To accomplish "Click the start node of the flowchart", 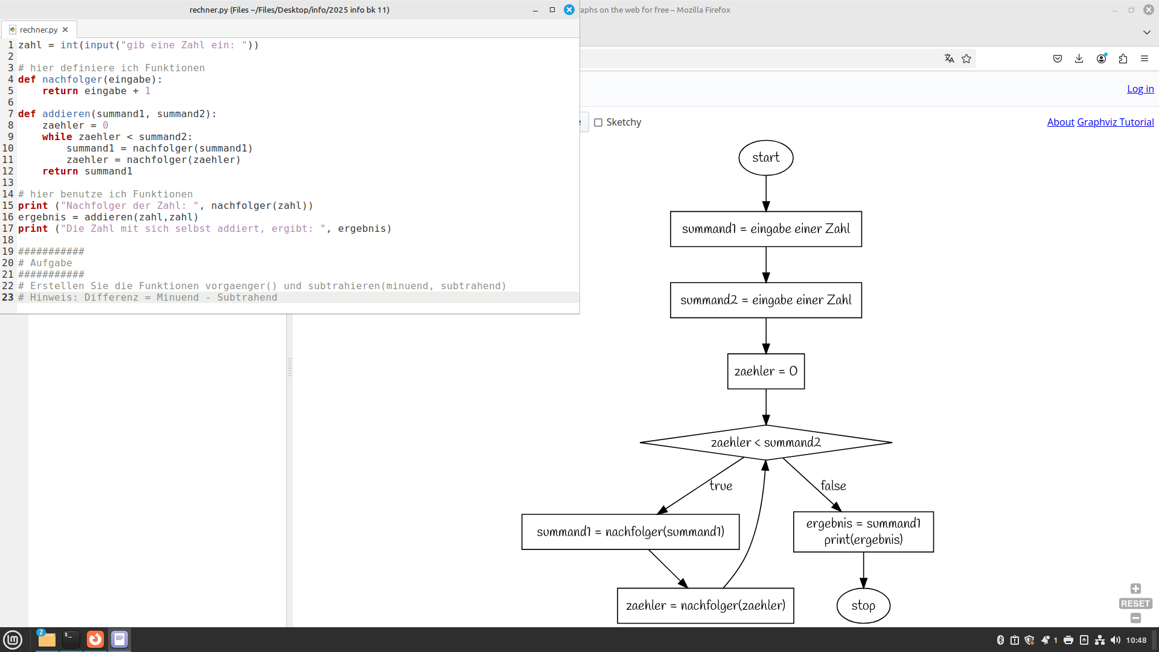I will point(765,158).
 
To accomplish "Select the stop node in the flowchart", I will point(863,606).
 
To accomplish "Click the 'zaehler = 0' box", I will point(765,371).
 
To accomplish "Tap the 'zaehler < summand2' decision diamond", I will point(765,443).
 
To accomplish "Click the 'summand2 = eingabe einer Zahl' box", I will point(765,300).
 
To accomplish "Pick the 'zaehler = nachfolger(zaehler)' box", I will point(705,606).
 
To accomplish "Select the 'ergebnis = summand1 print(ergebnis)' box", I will point(863,532).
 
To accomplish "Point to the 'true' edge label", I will point(721,486).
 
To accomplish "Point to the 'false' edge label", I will point(833,486).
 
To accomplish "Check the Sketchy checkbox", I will point(598,123).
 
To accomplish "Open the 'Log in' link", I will point(1140,89).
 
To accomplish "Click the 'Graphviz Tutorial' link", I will point(1115,122).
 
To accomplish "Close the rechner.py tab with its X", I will point(65,30).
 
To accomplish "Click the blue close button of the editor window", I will point(569,10).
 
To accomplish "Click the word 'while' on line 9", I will point(57,137).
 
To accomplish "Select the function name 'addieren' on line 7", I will point(66,114).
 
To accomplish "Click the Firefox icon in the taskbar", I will point(95,639).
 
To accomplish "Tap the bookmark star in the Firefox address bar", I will point(966,59).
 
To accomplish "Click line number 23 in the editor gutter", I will point(8,298).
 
